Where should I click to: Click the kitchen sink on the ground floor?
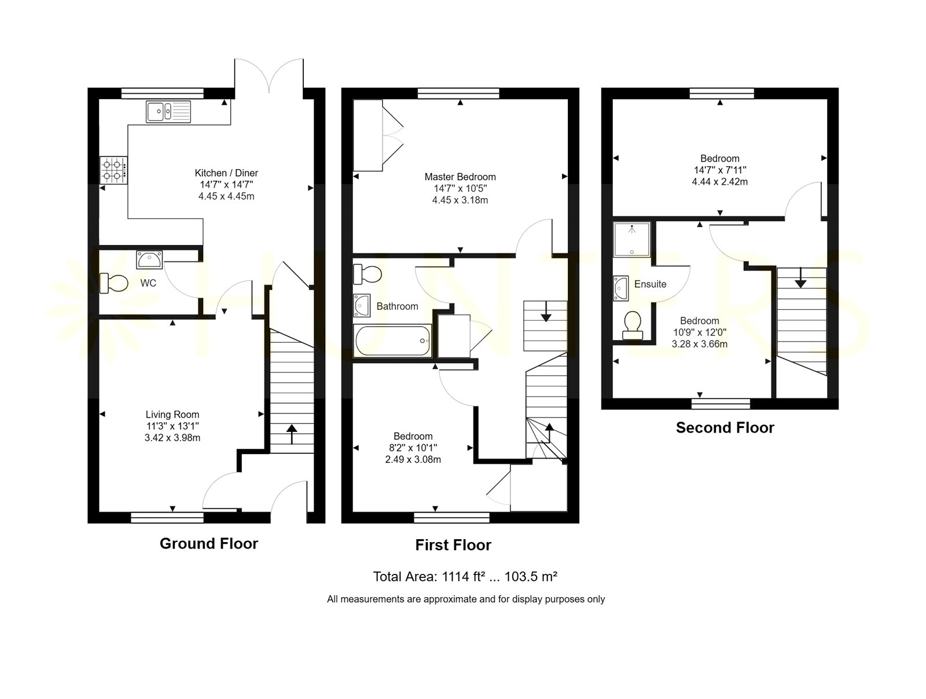(168, 111)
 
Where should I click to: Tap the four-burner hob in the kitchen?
(113, 170)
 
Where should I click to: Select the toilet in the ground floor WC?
(113, 283)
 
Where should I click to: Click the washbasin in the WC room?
(149, 259)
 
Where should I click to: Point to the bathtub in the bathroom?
(393, 341)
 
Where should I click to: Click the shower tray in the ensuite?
(631, 239)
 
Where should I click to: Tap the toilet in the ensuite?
(632, 325)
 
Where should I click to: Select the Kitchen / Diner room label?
(226, 173)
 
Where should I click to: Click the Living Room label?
(172, 415)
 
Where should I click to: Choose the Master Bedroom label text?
(460, 177)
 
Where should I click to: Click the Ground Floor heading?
(209, 544)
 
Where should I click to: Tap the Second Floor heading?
(725, 427)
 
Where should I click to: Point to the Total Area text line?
(465, 577)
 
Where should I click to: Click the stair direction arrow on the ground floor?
(292, 434)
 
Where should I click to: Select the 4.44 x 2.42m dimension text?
(720, 182)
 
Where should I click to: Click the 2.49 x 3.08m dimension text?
(413, 460)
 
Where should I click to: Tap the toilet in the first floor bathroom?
(368, 275)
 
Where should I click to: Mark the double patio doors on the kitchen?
(269, 76)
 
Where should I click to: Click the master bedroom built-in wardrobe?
(378, 136)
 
